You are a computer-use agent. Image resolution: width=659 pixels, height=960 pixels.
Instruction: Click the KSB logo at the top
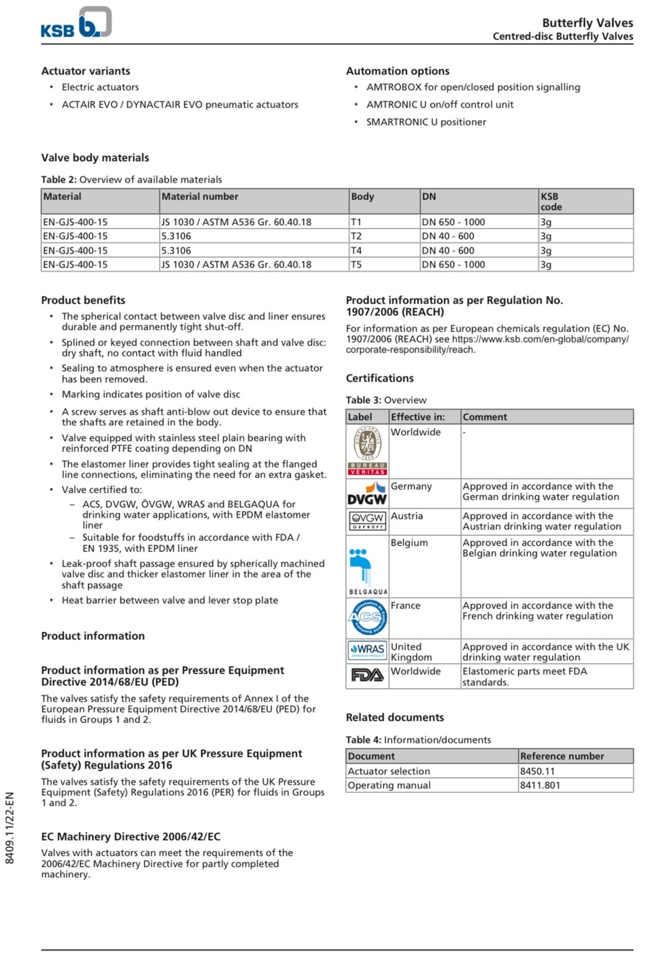coord(76,23)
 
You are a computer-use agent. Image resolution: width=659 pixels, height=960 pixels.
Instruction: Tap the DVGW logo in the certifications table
coord(367,493)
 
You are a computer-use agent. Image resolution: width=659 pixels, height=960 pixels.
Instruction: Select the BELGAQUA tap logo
coord(367,565)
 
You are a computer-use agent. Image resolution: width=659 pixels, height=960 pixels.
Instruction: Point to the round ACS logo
coord(367,617)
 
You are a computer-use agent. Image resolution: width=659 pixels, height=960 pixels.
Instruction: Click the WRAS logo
coord(367,650)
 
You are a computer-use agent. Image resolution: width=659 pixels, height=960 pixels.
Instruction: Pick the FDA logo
coord(367,675)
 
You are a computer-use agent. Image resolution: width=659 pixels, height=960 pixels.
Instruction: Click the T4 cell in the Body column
coord(356,251)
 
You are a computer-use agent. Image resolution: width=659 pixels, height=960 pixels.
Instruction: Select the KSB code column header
coord(551,201)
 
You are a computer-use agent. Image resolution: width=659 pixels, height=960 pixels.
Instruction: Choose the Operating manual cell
coord(389,785)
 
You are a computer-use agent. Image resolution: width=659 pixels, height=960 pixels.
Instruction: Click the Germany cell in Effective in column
coord(411,486)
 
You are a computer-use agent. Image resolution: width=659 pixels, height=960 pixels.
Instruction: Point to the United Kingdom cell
coord(411,652)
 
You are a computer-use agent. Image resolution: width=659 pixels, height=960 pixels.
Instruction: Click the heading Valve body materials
coord(95,158)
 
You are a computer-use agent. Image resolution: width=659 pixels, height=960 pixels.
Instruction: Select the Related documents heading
coord(395,718)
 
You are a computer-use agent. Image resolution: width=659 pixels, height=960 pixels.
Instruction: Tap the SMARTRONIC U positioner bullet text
coord(426,122)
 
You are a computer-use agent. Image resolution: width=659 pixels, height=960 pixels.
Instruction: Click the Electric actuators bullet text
coord(100,87)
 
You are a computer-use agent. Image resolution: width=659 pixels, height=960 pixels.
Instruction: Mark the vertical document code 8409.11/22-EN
coord(9,827)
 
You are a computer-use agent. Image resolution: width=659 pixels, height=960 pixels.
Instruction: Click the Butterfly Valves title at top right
coord(588,23)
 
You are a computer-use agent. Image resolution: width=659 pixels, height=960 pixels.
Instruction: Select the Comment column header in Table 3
coord(485,417)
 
